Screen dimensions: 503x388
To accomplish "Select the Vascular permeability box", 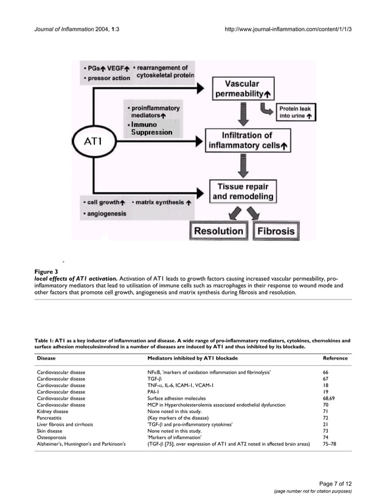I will point(242,89).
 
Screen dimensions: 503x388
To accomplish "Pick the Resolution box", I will point(218,231).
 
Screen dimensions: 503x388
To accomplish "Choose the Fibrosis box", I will point(276,231).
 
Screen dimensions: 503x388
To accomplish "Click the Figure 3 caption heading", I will point(46,271).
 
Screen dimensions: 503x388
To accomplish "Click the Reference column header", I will point(335,358).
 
